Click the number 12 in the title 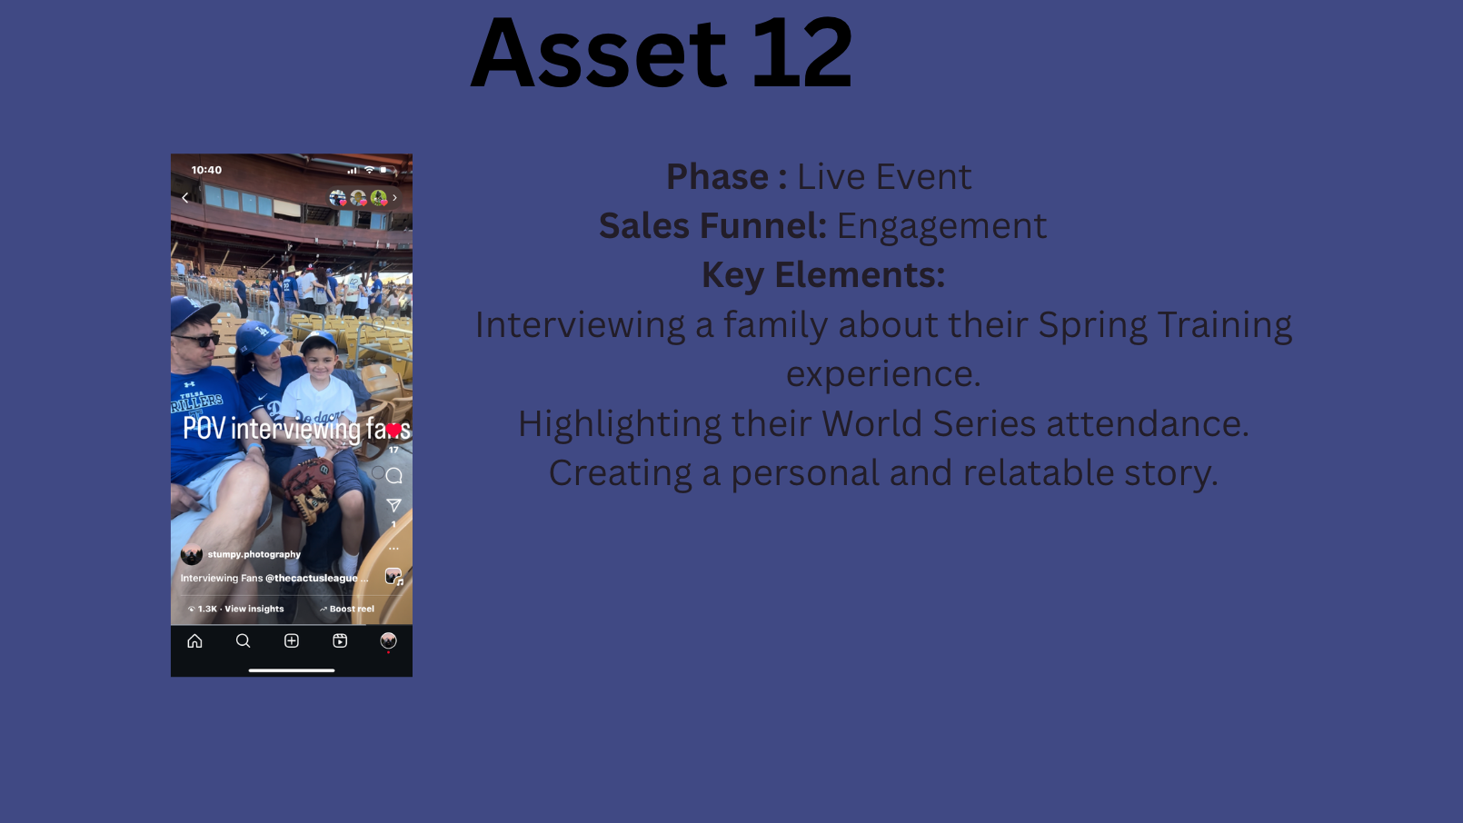(802, 52)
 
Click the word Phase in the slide (717, 176)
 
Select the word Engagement (941, 226)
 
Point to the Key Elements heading (823, 274)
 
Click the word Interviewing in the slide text (580, 325)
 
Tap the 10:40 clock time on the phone (206, 170)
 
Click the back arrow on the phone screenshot (185, 198)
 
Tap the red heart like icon (393, 430)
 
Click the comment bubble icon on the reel (393, 476)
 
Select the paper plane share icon (393, 505)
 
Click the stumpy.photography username (254, 554)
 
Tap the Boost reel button (347, 609)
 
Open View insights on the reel (254, 609)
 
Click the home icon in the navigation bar (194, 641)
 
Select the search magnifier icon (243, 641)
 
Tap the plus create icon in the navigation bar (292, 641)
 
